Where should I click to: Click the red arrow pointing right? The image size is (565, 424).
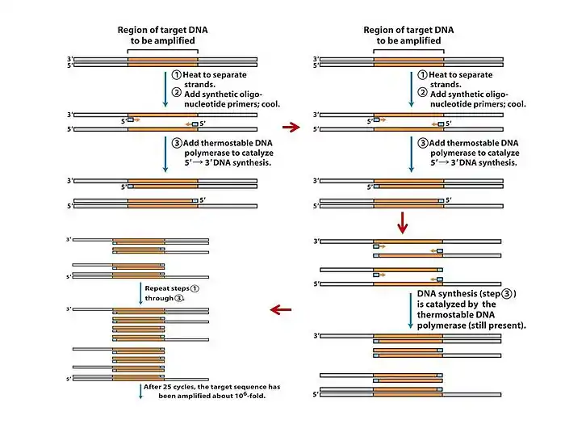[288, 126]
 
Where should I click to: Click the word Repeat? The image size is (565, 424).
[157, 288]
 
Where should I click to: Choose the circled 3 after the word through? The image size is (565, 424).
[179, 298]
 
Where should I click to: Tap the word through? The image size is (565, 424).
[160, 298]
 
